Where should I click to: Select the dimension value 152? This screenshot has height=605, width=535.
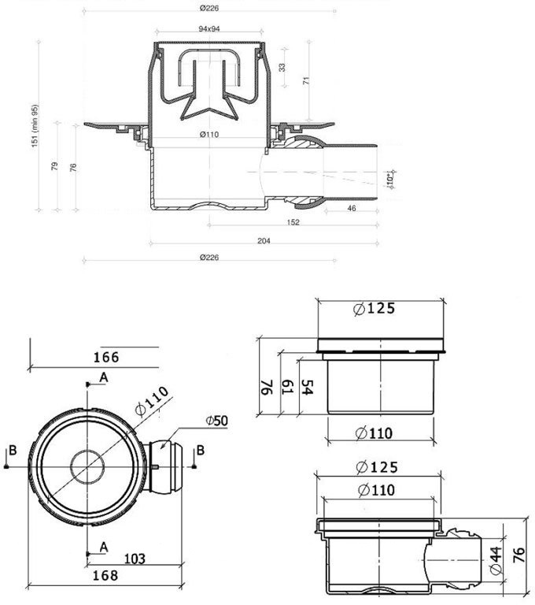pos(293,223)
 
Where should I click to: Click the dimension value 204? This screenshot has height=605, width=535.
pos(264,241)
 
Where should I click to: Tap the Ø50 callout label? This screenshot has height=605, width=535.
pos(216,421)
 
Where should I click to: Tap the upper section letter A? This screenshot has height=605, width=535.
pos(102,379)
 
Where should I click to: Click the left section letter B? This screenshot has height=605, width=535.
pos(12,451)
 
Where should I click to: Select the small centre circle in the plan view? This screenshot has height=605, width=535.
pos(86,466)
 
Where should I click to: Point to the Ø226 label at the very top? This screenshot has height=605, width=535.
pos(208,8)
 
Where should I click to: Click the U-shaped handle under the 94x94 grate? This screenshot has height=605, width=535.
pos(208,65)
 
